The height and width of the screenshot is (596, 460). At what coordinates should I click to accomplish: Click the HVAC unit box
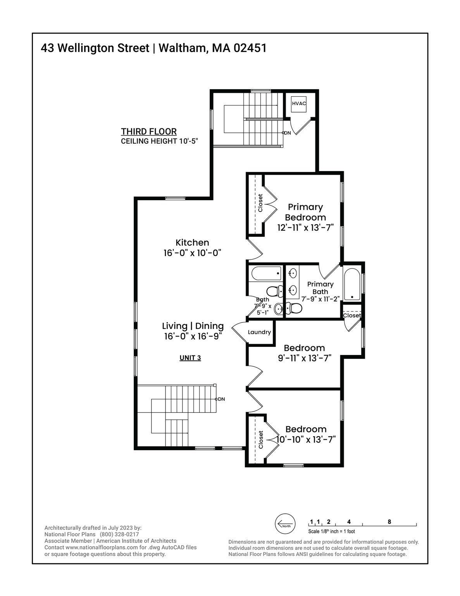pyautogui.click(x=298, y=104)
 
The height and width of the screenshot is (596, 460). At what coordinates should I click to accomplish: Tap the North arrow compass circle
pyautogui.click(x=285, y=523)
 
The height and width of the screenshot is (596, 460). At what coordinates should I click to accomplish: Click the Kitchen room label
pyautogui.click(x=192, y=243)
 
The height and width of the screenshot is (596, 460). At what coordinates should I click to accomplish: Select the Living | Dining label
pyautogui.click(x=193, y=326)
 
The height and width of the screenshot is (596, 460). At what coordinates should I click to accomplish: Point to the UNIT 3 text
pyautogui.click(x=190, y=358)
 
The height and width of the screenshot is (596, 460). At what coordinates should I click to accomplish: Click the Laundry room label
pyautogui.click(x=259, y=332)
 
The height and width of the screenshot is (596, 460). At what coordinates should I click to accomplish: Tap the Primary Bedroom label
pyautogui.click(x=305, y=212)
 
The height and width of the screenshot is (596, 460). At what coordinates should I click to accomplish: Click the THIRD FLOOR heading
pyautogui.click(x=149, y=132)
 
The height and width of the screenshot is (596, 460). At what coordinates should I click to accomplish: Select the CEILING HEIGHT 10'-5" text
pyautogui.click(x=159, y=141)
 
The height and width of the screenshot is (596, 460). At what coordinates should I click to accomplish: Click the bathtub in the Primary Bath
pyautogui.click(x=352, y=284)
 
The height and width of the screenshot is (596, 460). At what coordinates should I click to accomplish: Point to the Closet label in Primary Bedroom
pyautogui.click(x=260, y=203)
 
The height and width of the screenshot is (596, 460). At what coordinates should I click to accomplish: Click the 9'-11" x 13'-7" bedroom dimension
pyautogui.click(x=305, y=358)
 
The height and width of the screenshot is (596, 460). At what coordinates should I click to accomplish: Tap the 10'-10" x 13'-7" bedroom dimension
pyautogui.click(x=306, y=440)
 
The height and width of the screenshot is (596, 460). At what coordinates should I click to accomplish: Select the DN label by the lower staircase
pyautogui.click(x=221, y=399)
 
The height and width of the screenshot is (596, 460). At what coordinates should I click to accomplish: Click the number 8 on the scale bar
pyautogui.click(x=389, y=521)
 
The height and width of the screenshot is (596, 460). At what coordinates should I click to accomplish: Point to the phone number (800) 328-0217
pyautogui.click(x=119, y=535)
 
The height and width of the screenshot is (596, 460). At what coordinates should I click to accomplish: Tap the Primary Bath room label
pyautogui.click(x=320, y=288)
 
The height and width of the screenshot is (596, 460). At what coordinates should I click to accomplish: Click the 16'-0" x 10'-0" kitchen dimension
pyautogui.click(x=192, y=253)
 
